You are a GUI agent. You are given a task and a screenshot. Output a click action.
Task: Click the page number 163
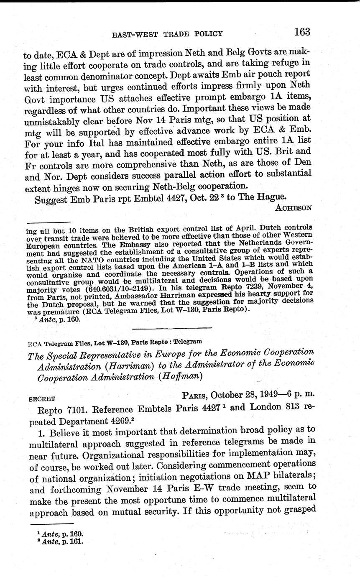point(302,32)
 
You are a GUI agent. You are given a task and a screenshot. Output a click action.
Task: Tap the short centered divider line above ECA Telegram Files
point(171,328)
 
